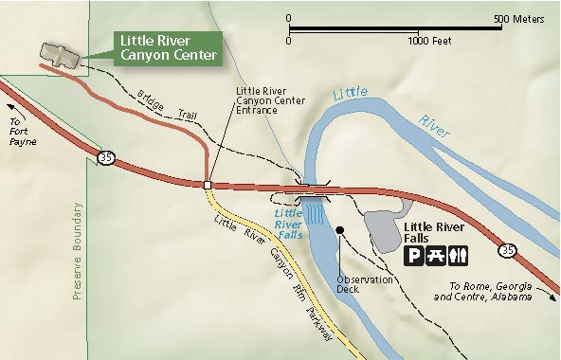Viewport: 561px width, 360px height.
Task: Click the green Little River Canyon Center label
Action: point(166,48)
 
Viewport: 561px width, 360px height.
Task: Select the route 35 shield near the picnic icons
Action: point(508,250)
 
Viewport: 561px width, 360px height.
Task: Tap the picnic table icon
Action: point(437,254)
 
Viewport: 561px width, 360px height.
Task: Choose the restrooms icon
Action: point(458,254)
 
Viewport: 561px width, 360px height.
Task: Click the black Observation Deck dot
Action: point(339,230)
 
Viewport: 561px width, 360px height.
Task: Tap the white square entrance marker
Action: point(207,185)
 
